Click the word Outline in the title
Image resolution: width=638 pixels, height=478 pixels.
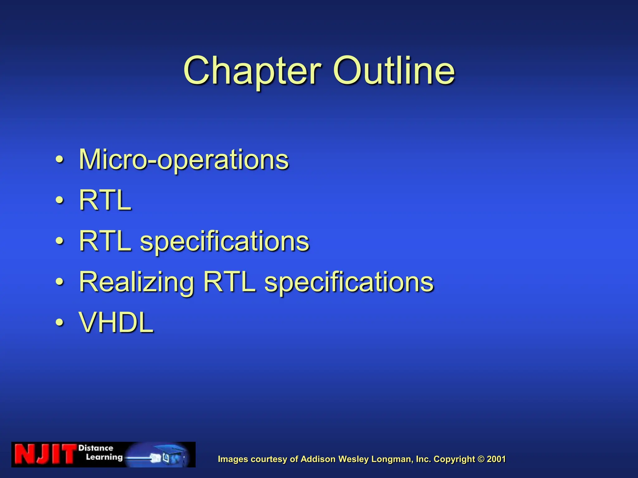coord(394,71)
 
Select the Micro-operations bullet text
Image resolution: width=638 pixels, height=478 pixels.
coord(184,160)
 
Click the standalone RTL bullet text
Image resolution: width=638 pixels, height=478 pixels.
coord(105,200)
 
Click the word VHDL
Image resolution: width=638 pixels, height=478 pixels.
coord(116,323)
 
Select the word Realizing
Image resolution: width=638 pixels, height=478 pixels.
coord(136,282)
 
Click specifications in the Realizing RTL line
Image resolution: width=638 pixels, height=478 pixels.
coord(349,282)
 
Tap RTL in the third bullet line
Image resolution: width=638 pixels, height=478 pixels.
coord(105,241)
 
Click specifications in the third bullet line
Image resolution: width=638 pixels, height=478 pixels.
coord(224,241)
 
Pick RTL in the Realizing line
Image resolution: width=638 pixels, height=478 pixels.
coord(229,282)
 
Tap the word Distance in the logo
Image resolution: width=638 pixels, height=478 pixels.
coord(96,448)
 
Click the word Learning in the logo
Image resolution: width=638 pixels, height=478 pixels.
coord(104,457)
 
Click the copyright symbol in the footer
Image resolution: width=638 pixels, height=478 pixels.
coord(481,459)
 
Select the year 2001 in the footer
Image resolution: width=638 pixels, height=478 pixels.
coord(496,459)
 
